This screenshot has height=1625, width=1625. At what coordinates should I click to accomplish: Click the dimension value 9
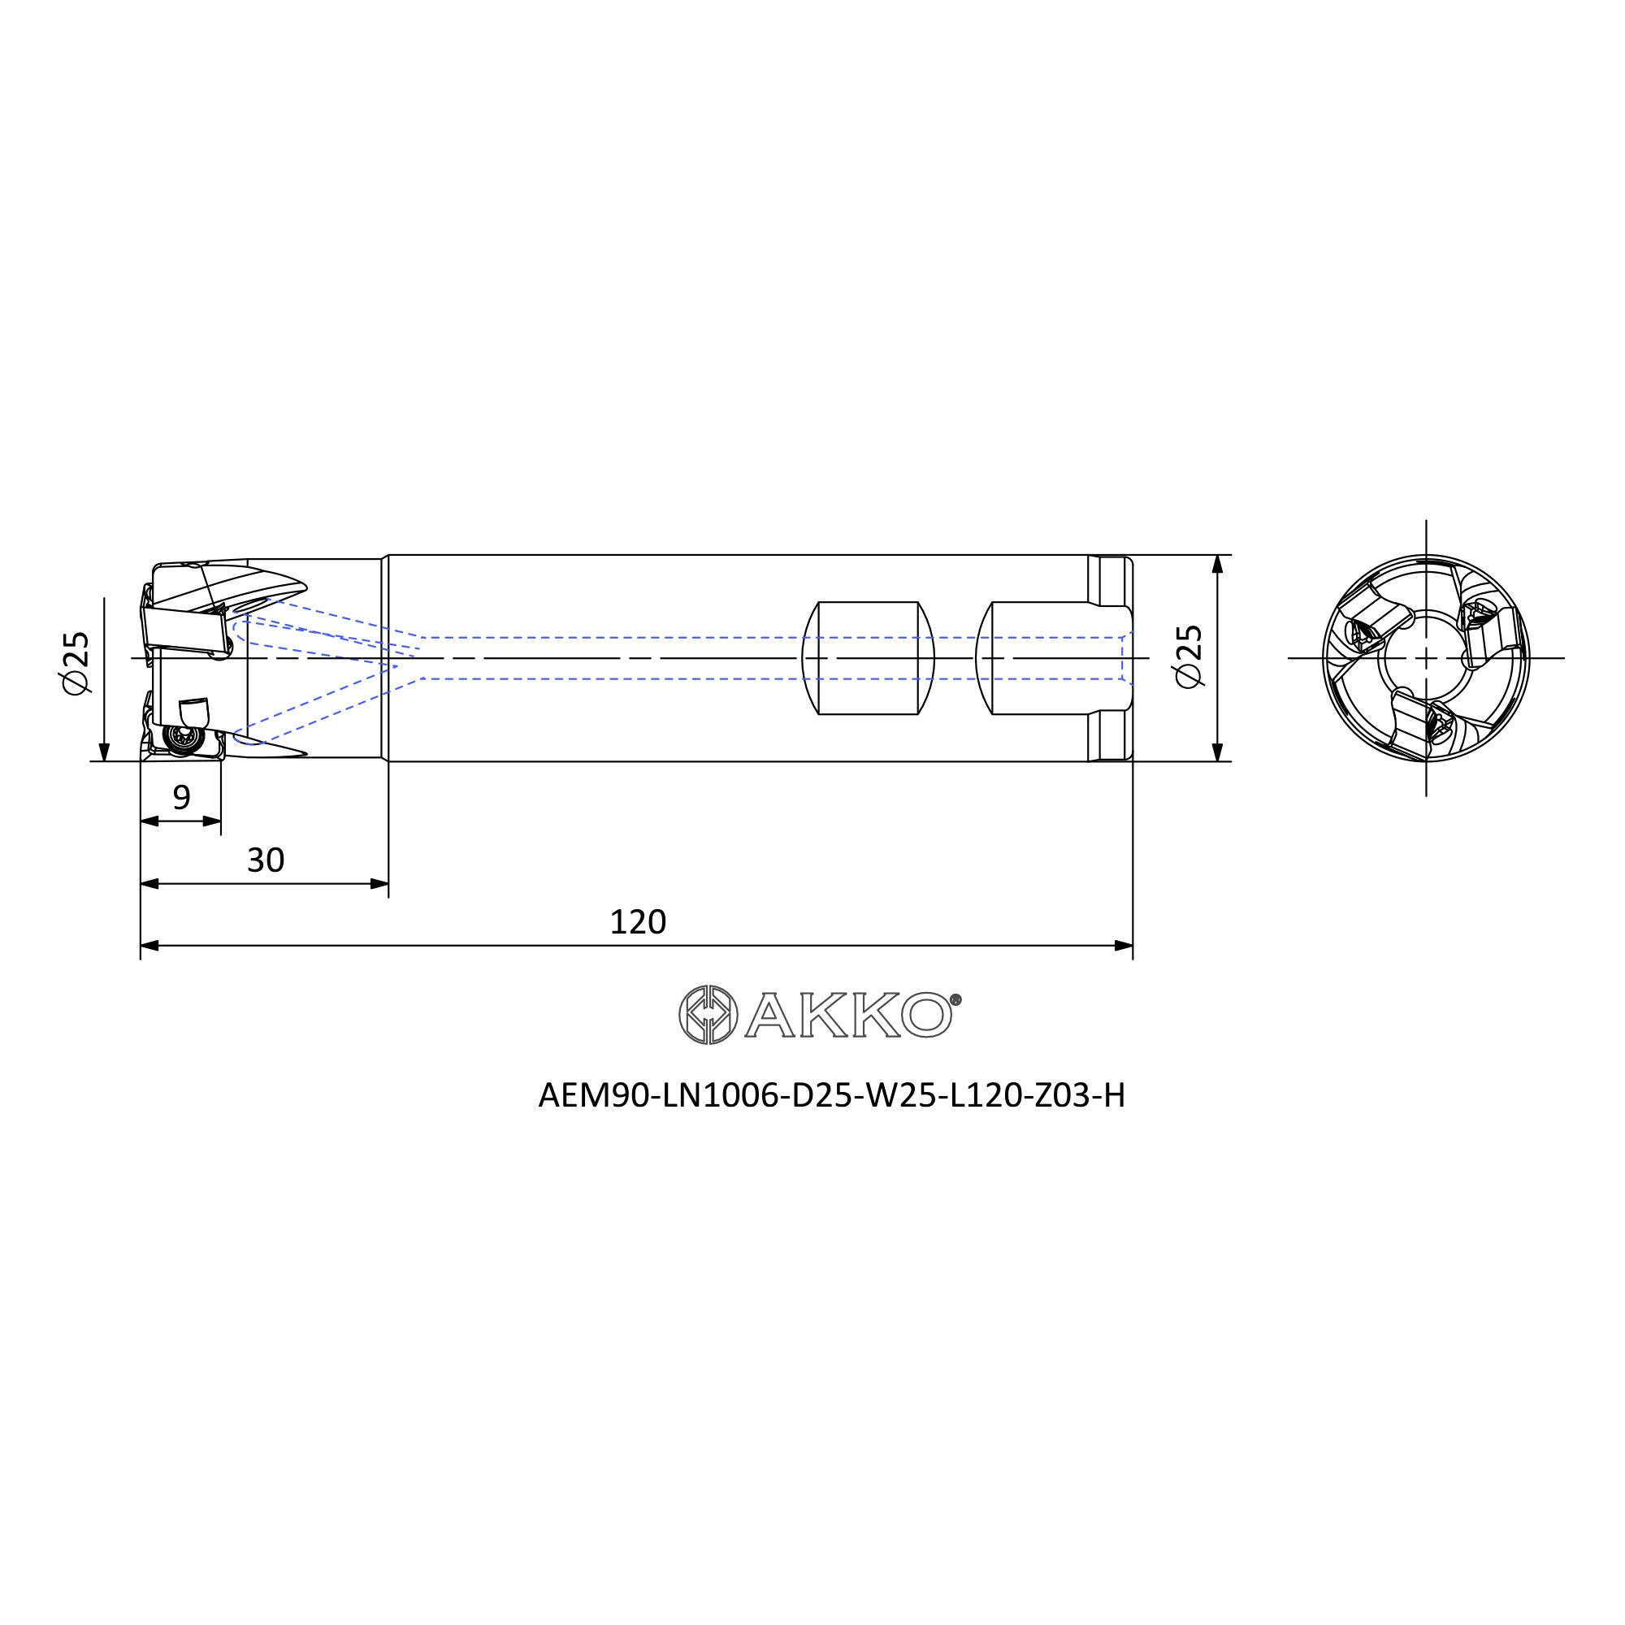pyautogui.click(x=182, y=796)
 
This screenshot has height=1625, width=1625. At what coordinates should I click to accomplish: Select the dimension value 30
pyautogui.click(x=266, y=860)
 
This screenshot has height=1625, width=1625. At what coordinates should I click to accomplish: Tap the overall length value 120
pyautogui.click(x=638, y=922)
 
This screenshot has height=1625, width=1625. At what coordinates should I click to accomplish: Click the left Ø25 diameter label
pyautogui.click(x=76, y=663)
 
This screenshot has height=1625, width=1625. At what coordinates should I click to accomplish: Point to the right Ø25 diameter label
pyautogui.click(x=1189, y=656)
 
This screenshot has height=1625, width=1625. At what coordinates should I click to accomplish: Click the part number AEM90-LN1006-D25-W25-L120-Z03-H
pyautogui.click(x=831, y=1095)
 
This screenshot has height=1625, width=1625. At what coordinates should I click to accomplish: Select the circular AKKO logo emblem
pyautogui.click(x=708, y=1014)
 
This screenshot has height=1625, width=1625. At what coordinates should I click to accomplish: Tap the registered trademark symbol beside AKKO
pyautogui.click(x=955, y=1000)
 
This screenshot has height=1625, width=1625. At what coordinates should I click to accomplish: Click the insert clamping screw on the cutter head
pyautogui.click(x=183, y=738)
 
